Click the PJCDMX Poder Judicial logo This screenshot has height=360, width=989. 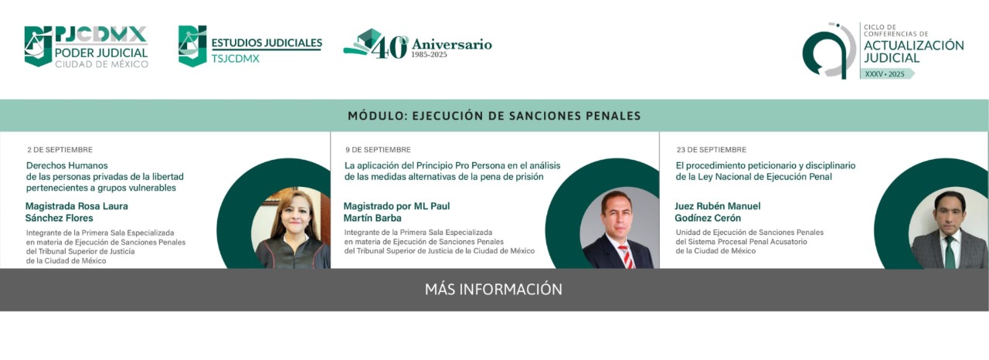[86, 46]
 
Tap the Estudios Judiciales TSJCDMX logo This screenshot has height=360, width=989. [250, 46]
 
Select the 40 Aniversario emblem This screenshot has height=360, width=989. [417, 44]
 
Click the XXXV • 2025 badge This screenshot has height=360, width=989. [886, 74]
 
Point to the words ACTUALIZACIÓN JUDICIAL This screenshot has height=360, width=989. [913, 52]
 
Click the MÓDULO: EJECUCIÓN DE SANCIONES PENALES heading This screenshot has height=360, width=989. [494, 116]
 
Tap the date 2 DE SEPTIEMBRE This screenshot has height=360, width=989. [59, 150]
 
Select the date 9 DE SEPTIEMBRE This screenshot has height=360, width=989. [378, 150]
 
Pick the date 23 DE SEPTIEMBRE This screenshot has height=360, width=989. [712, 150]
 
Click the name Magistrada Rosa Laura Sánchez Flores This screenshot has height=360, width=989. [76, 212]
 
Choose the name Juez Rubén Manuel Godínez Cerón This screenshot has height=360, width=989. [718, 212]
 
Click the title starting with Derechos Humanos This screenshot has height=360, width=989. [104, 176]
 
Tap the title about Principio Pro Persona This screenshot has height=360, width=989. [452, 172]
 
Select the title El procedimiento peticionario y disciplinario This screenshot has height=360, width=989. [765, 172]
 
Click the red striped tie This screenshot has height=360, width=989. [626, 256]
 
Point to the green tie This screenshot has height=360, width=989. [950, 253]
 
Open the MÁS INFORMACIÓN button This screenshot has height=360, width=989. [494, 290]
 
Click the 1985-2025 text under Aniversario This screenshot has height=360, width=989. [429, 55]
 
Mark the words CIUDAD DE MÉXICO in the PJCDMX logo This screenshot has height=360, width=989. [101, 64]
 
